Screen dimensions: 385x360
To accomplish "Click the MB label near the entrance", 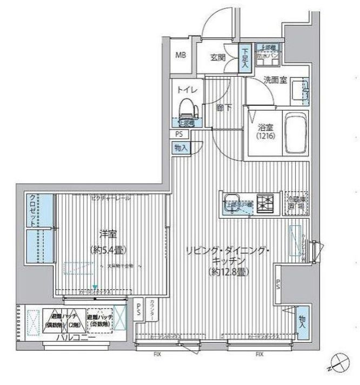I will tap(180, 55).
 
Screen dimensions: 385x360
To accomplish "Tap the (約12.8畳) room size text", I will tap(226, 270).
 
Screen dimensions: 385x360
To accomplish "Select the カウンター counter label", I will tap(152, 311).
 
